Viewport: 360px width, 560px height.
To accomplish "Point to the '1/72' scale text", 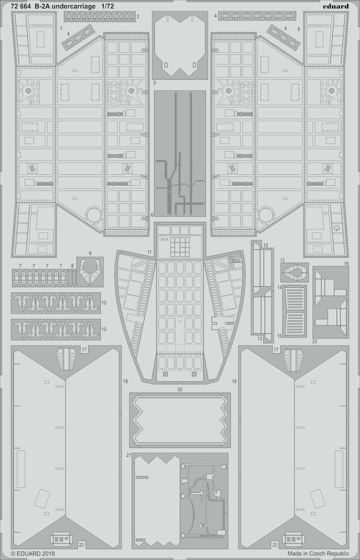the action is pos(108,6).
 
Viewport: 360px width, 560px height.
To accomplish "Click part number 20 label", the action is pos(180,390).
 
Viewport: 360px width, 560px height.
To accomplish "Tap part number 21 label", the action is pos(129,455).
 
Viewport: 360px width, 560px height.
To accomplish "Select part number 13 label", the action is pos(282,260).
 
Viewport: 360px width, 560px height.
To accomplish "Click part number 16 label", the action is pos(346,264).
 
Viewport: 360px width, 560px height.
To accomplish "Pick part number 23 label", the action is pos(314,341).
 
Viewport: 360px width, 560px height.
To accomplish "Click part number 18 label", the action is pos(125,381).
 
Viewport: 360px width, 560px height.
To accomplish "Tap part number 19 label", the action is pos(234,381).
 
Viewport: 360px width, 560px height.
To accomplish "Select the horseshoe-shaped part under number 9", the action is pos(90,270).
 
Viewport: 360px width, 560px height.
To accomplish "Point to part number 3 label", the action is pos(154,82).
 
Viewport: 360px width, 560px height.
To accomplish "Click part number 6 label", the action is pos(152,214).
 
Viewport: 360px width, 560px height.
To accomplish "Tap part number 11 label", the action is pos(149,252).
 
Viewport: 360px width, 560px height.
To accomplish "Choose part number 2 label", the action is pos(138,16).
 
